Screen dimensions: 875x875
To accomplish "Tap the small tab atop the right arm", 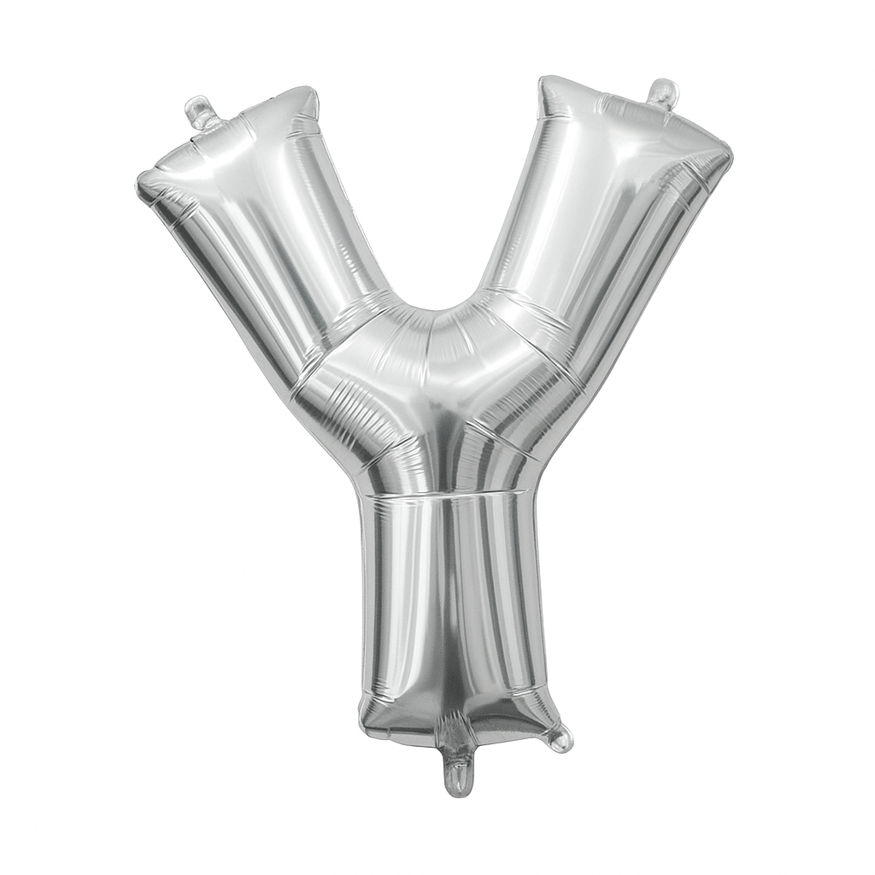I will pyautogui.click(x=663, y=92).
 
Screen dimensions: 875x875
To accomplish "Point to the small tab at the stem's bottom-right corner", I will pyautogui.click(x=560, y=738).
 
